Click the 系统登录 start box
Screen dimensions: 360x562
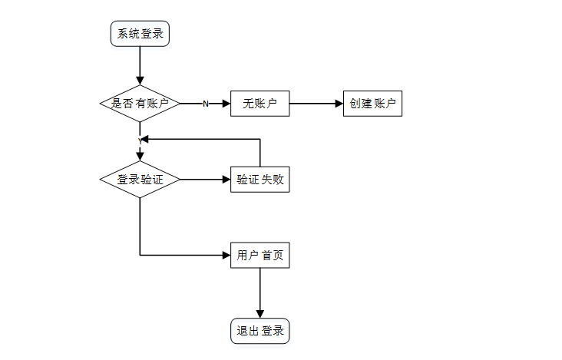click(140, 33)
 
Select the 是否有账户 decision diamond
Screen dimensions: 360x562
click(140, 103)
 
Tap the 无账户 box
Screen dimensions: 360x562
click(260, 103)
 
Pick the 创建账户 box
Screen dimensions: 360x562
click(372, 103)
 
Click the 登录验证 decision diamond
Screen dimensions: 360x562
click(140, 180)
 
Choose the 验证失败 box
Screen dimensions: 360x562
click(260, 180)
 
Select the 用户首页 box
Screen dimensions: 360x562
click(260, 255)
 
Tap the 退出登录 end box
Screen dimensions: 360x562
click(260, 331)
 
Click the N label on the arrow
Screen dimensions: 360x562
click(205, 104)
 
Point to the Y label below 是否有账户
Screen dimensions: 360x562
click(140, 140)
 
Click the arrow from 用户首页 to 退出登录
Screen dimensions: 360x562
click(260, 292)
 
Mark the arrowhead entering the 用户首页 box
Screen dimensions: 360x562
click(226, 255)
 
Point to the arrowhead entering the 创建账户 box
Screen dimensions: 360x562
click(339, 103)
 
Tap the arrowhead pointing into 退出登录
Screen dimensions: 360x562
click(260, 313)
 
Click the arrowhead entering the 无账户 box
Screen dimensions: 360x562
click(226, 103)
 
